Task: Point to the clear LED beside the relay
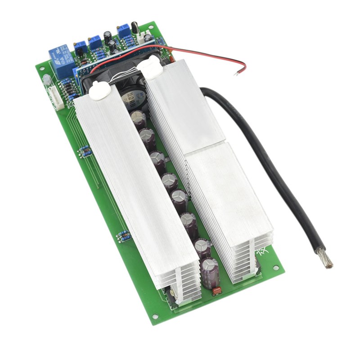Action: [x=46, y=80]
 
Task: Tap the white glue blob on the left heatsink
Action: [x=98, y=93]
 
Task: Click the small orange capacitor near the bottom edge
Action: [x=216, y=290]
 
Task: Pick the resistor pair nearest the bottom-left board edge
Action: [x=124, y=235]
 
